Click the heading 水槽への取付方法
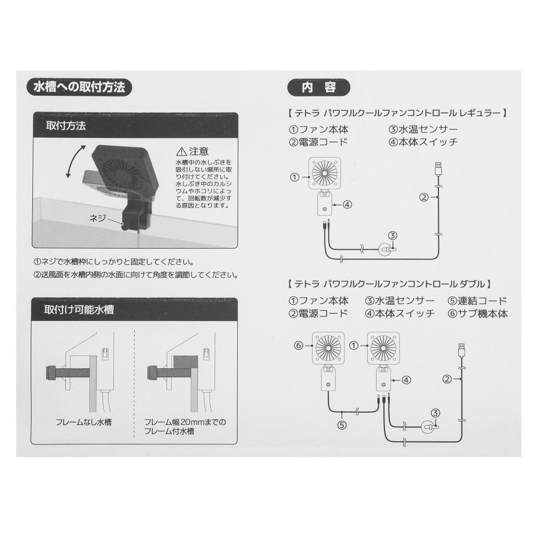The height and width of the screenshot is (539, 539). click(x=79, y=87)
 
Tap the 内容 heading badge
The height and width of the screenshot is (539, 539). click(x=319, y=87)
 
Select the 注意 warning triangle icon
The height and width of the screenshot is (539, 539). click(x=181, y=152)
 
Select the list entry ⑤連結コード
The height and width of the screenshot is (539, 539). click(x=477, y=301)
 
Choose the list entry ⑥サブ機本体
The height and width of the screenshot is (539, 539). click(x=477, y=314)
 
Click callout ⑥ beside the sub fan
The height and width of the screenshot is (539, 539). click(x=299, y=345)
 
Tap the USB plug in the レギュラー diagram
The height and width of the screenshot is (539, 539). click(x=438, y=168)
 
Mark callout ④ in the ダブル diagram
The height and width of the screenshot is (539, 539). click(x=405, y=379)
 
